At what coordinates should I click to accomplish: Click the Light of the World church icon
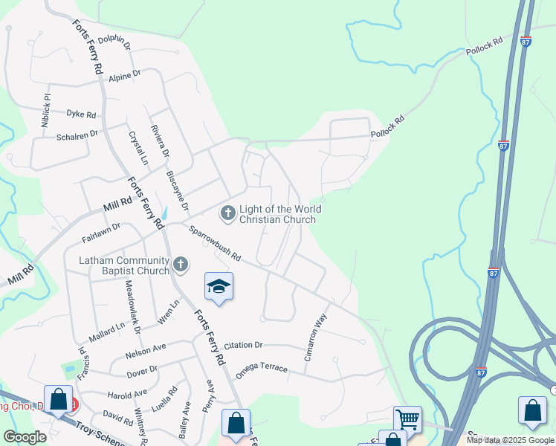(x=227, y=214)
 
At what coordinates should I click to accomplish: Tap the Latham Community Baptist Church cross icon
(x=180, y=265)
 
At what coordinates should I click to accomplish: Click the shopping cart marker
(x=407, y=420)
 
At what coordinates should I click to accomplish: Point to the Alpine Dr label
(x=124, y=77)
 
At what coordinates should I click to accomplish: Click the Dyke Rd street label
(x=81, y=114)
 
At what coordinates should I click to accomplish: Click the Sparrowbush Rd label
(x=215, y=243)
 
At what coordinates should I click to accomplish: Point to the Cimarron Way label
(x=316, y=337)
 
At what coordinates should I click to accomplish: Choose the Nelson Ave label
(x=146, y=348)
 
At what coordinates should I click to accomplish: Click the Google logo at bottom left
(x=25, y=438)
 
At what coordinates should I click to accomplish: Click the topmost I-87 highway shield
(x=526, y=42)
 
